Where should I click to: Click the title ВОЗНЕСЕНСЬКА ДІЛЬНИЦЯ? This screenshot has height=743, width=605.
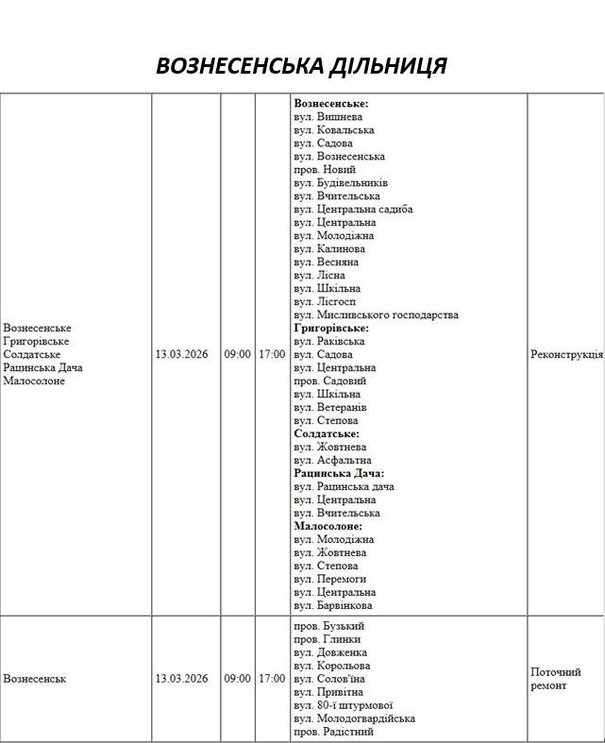click(x=301, y=65)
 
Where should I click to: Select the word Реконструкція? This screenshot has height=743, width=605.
click(x=566, y=354)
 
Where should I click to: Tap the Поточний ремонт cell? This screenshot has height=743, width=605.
click(x=555, y=678)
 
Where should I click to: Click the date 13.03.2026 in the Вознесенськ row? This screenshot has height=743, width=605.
click(x=181, y=678)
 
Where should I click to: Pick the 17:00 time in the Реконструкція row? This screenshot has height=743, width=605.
click(x=272, y=354)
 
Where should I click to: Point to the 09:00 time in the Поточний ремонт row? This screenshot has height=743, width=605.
click(x=237, y=678)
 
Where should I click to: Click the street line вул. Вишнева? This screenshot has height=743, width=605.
click(x=327, y=116)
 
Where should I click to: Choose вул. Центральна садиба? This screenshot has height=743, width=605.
click(x=353, y=209)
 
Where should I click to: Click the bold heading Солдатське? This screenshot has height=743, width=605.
click(x=327, y=433)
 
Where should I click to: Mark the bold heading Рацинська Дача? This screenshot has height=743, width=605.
click(x=339, y=473)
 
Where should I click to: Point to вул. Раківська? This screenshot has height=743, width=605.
click(x=329, y=341)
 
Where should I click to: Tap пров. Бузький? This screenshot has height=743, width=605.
click(x=328, y=626)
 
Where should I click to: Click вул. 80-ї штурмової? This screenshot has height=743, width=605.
click(x=343, y=705)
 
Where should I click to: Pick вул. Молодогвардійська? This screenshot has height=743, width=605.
click(x=354, y=718)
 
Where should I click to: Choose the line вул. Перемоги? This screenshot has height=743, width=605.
click(x=329, y=579)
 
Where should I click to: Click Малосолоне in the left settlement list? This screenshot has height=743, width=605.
click(x=34, y=380)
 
